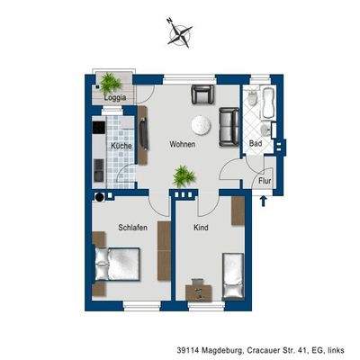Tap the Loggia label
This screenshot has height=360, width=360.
pos(115,97)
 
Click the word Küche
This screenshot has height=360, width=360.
pos(121,145)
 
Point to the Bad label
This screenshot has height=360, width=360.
pos(256,144)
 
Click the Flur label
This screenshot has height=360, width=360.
pos(264,180)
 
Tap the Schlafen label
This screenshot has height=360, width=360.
pos(132,228)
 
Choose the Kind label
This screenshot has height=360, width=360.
pos(201,228)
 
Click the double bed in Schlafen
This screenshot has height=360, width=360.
pos(114,266)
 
